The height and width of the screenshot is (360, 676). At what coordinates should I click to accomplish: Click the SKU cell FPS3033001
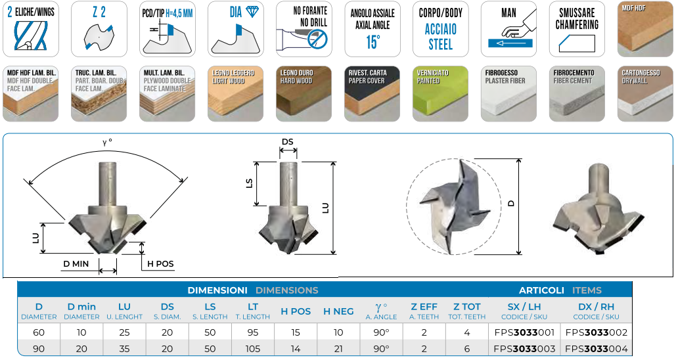524,332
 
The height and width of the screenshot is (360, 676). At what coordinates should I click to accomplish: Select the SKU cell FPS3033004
597,348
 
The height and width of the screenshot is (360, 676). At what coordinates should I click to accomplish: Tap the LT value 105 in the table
253,348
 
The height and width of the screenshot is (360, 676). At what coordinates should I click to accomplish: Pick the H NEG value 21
338,348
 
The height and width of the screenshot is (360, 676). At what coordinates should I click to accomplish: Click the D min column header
81,311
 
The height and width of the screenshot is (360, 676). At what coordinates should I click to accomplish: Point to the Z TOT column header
467,311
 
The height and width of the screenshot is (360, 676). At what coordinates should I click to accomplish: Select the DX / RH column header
597,311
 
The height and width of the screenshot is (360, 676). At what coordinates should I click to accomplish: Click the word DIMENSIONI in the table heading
217,290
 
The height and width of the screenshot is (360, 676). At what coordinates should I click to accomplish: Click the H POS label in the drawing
160,264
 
